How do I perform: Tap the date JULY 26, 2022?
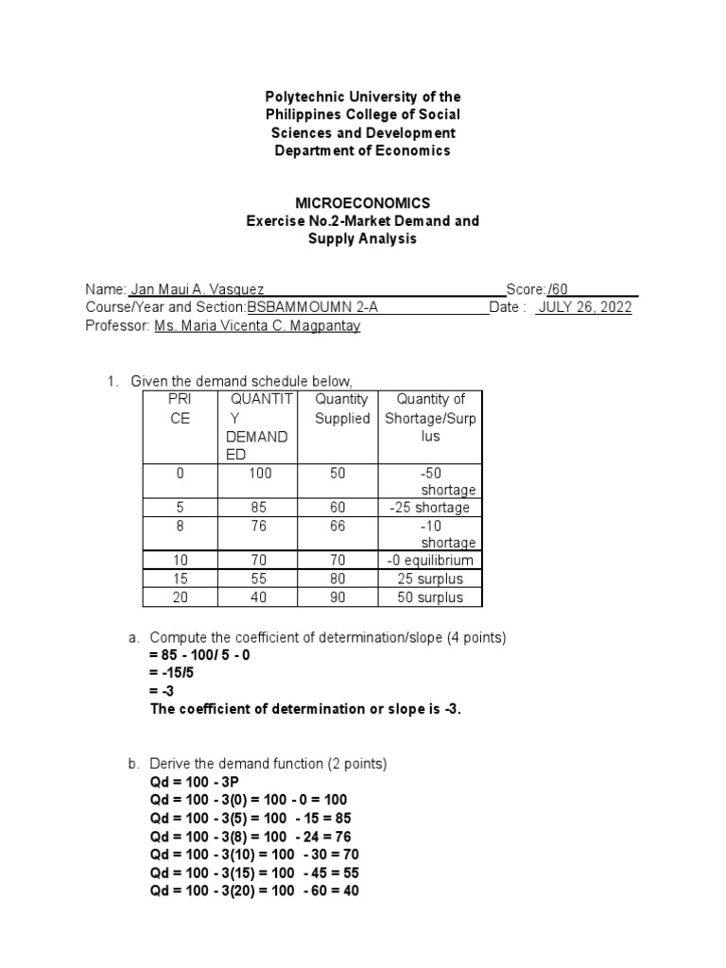tap(584, 307)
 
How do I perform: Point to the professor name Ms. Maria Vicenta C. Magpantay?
tap(256, 325)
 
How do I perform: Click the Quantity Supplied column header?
tap(342, 408)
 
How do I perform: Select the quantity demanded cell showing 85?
tap(260, 508)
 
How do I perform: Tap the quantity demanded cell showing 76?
tap(260, 526)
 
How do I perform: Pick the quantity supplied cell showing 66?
tap(338, 526)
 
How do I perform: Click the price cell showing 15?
tap(180, 579)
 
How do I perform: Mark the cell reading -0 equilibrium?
tap(429, 561)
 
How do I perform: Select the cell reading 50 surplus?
tap(430, 597)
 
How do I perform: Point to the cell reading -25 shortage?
tap(429, 508)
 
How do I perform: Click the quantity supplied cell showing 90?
tap(338, 597)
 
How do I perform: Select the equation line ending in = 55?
tap(254, 873)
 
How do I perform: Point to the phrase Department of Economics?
tap(362, 150)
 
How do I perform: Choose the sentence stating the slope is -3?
tap(305, 709)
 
